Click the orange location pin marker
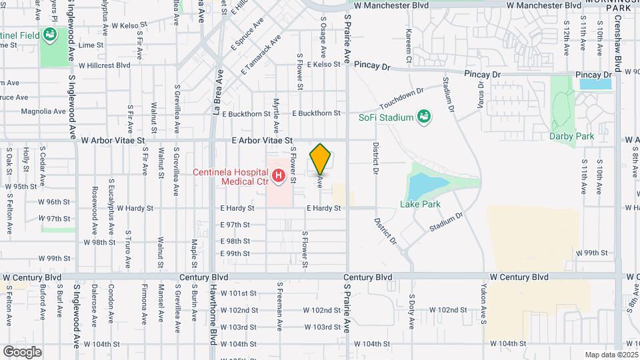pyautogui.click(x=321, y=159)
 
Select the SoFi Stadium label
pyautogui.click(x=387, y=118)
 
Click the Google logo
pyautogui.click(x=22, y=351)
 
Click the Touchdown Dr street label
pyautogui.click(x=401, y=99)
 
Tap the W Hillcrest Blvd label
pyautogui.click(x=104, y=65)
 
